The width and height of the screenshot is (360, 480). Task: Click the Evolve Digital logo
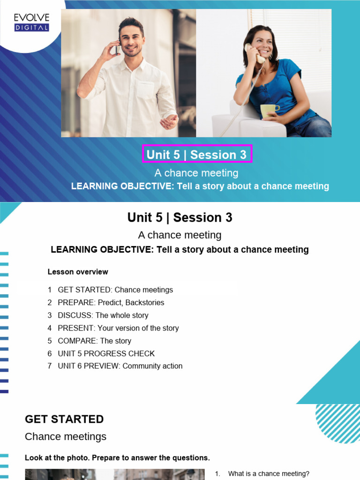click(31, 22)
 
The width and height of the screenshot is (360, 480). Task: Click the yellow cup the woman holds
click(269, 111)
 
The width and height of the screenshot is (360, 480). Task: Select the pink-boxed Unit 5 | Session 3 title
click(197, 154)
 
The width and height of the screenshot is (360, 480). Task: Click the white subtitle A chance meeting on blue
click(196, 173)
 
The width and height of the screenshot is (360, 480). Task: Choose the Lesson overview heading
click(78, 272)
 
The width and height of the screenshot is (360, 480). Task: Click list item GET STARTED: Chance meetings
click(115, 290)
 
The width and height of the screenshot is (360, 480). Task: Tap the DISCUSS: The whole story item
click(103, 315)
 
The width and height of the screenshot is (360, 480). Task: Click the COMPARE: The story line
click(94, 341)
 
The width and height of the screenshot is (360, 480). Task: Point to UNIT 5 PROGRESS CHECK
click(106, 353)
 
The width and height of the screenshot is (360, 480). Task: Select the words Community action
click(152, 366)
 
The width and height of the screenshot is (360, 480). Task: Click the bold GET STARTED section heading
click(64, 419)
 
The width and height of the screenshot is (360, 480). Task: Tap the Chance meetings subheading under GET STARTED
click(66, 436)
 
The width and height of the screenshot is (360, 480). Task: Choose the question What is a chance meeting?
click(269, 474)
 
